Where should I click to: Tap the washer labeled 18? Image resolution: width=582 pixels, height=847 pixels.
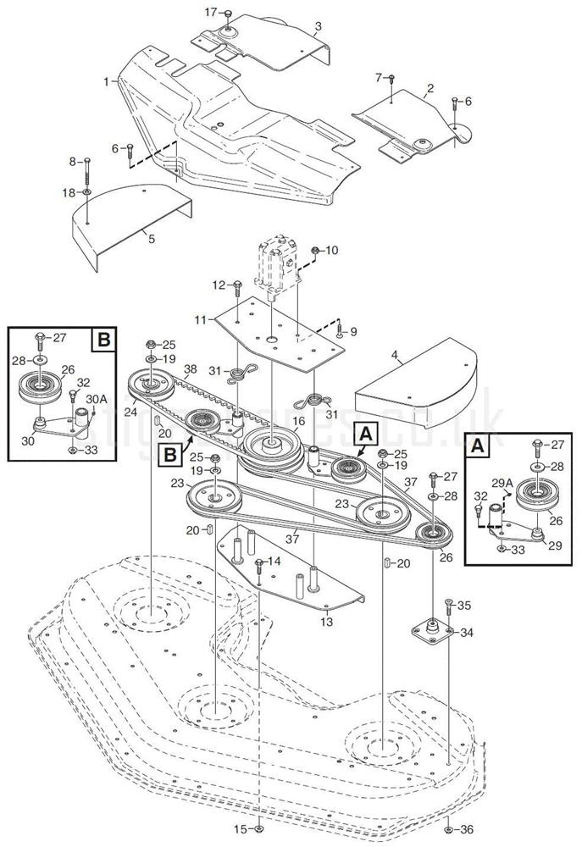click(88, 193)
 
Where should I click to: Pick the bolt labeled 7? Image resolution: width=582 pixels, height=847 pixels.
click(392, 80)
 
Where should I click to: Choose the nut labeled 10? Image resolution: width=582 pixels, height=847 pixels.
click(315, 251)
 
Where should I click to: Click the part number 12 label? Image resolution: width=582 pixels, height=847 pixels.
click(216, 284)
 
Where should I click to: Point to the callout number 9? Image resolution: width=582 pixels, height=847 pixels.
click(353, 331)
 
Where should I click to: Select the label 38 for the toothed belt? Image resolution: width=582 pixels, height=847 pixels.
click(190, 369)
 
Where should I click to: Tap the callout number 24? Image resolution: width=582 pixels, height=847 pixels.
click(130, 412)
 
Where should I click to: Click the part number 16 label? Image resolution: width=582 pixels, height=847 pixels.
click(298, 420)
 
